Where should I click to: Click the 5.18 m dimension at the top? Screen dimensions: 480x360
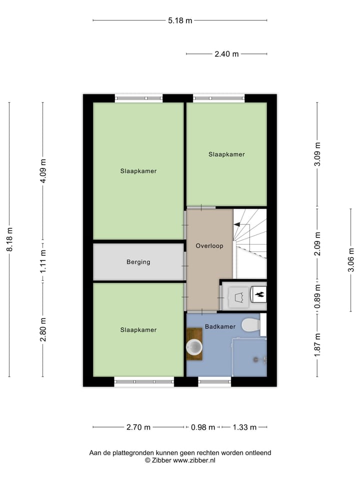click(180, 20)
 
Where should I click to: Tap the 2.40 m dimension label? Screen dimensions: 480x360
click(226, 54)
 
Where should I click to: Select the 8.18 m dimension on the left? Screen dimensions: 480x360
click(9, 239)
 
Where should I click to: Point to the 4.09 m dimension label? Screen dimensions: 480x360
click(43, 171)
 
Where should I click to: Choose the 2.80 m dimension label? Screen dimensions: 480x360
click(43, 329)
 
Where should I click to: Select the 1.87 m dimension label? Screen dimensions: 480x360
click(316, 345)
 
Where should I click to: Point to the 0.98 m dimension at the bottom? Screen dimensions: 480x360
click(203, 427)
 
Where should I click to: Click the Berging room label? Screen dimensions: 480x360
click(138, 262)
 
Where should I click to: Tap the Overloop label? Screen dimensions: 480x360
click(209, 246)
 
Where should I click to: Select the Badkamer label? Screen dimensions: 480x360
click(220, 326)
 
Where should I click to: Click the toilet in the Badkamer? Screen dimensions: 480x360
click(250, 325)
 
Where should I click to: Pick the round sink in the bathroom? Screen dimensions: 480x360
click(194, 346)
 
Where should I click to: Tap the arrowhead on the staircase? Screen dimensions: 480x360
click(237, 225)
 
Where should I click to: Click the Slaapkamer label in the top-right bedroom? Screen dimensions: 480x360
click(226, 154)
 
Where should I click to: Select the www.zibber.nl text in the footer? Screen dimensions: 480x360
click(194, 460)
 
